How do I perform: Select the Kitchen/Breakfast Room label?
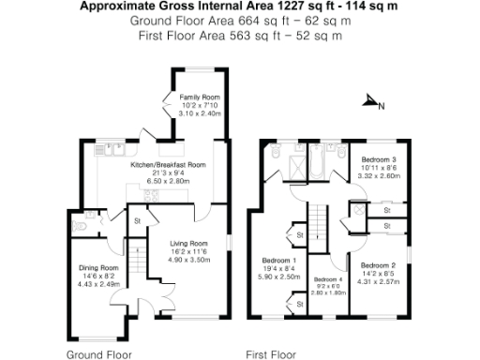tap(168, 164)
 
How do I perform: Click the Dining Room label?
tap(97, 267)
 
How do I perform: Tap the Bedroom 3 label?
tap(380, 159)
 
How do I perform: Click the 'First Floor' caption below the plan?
tap(271, 355)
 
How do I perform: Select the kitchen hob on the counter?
tap(172, 150)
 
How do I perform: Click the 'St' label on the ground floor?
tap(137, 221)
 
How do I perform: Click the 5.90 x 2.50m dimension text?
tap(279, 277)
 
